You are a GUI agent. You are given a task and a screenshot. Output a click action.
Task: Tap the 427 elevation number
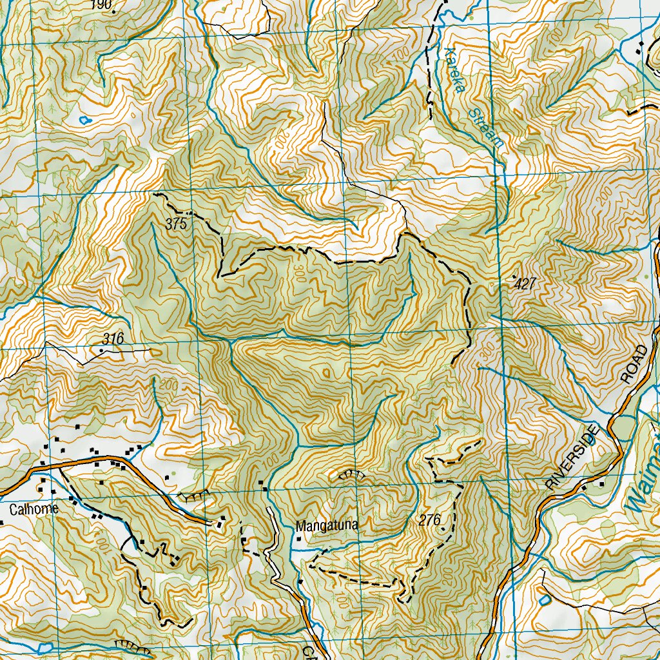point(526,284)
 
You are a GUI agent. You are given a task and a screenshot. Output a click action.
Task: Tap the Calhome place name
point(35,509)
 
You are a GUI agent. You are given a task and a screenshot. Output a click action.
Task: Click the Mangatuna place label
point(327,526)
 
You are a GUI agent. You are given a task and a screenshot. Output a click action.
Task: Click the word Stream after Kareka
point(485,127)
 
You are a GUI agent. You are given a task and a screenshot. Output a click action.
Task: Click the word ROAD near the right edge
point(634,365)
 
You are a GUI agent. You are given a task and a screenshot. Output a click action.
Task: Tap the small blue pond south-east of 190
point(84,119)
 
